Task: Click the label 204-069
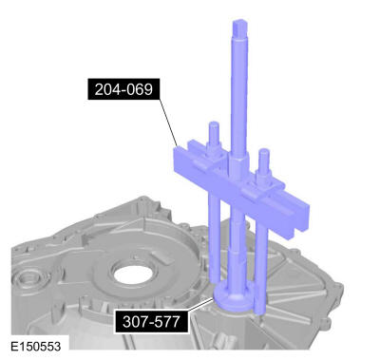(x=123, y=89)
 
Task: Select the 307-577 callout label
(x=151, y=322)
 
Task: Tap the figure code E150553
(x=35, y=346)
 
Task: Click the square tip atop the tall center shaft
(x=239, y=28)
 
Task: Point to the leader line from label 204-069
(x=169, y=123)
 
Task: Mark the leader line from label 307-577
(x=199, y=304)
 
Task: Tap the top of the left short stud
(x=213, y=124)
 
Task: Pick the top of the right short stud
(x=264, y=152)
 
